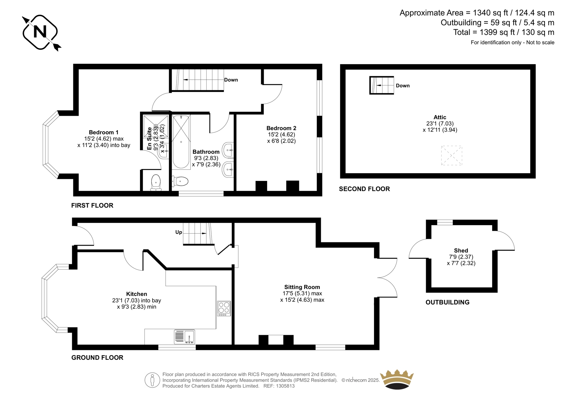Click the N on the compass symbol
point(40,32)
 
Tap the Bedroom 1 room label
point(104,132)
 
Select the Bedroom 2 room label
point(281,128)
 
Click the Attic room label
point(440,117)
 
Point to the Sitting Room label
point(302,287)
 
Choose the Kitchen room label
point(136,294)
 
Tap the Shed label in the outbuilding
point(461,250)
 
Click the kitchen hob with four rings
point(224,309)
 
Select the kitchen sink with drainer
point(184,337)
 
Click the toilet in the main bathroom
point(180,181)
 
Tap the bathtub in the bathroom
point(181,142)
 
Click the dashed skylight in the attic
point(452,156)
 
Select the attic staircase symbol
point(381,85)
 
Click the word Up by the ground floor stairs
point(178,232)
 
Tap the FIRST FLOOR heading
point(92,205)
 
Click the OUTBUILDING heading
point(447,302)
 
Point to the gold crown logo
point(397,379)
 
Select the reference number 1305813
point(285,386)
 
